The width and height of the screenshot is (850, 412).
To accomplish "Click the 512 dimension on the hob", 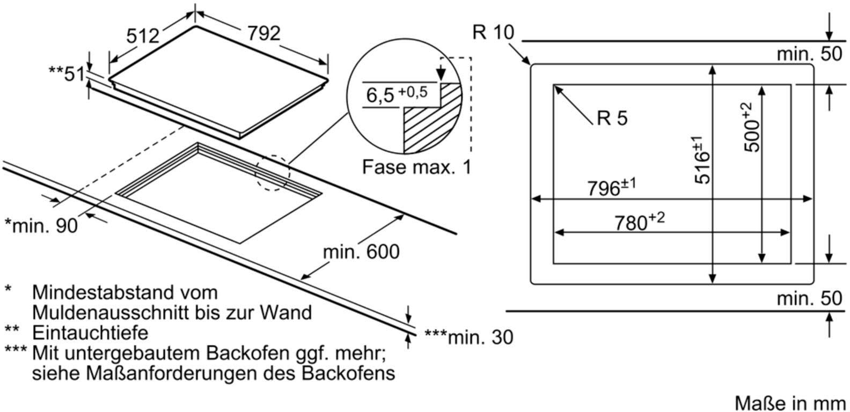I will tap(143, 36).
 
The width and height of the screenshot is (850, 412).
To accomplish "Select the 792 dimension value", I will tap(263, 34).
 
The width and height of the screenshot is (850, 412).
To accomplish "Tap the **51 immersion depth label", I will tap(67, 73).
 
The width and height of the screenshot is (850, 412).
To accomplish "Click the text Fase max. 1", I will tap(416, 167).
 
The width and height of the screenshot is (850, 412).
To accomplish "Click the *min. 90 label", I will tap(41, 225).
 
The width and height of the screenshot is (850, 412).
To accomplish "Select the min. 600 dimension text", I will tap(361, 251).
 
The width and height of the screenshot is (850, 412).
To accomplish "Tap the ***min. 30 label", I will tap(468, 337).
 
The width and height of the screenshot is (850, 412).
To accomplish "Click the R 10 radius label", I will tap(493, 33).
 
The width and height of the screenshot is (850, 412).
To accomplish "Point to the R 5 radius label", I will tap(612, 118).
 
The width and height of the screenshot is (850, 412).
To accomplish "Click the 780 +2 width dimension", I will tap(639, 221).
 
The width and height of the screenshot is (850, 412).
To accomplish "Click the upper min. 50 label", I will tap(809, 54).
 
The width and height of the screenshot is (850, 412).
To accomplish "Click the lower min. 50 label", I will tap(809, 298).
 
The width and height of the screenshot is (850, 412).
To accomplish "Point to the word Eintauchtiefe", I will tap(90, 333).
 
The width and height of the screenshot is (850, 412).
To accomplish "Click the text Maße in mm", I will tap(790, 402).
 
